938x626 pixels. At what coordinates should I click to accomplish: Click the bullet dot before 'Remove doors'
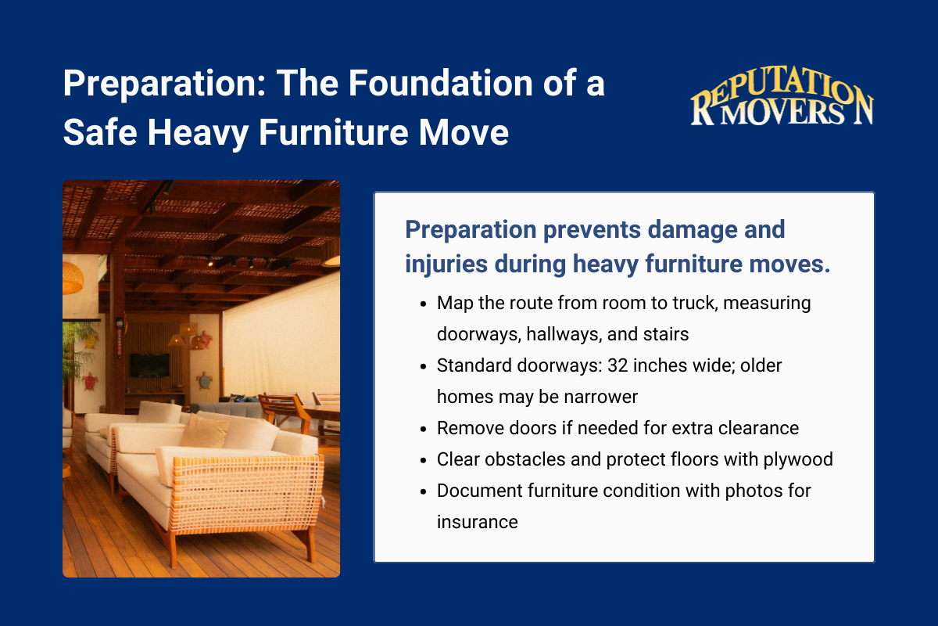(x=423, y=429)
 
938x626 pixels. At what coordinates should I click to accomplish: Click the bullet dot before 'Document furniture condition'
(x=423, y=491)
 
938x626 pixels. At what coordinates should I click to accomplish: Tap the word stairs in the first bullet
(x=664, y=334)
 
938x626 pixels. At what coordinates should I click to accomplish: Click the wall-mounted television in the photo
(x=149, y=365)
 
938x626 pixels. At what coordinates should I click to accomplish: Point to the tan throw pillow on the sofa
(x=205, y=432)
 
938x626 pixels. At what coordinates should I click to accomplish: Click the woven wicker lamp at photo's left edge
(x=73, y=278)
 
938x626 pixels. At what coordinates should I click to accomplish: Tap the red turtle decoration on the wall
(x=90, y=381)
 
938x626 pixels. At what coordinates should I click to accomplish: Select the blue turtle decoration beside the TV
(x=205, y=380)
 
